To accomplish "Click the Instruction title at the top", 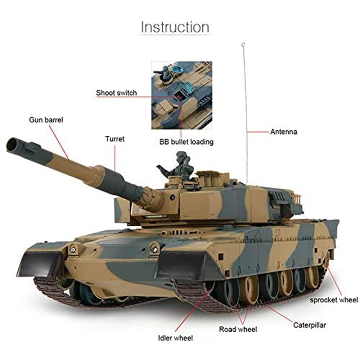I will pos(175,27).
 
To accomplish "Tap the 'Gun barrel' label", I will pos(46,120).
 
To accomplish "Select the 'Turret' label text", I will pos(115,139).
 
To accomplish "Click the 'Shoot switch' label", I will pos(116,93).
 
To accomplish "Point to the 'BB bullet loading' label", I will pos(186,142).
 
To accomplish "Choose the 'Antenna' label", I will pos(284,132).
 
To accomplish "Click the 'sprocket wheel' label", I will pos(334,300).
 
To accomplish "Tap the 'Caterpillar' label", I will pos(309,325).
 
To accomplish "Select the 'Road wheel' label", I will pos(238,329).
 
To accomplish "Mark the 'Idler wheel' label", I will pos(175,338).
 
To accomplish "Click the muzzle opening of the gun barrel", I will pos(13,144).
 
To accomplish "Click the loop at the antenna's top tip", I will pos(243,45).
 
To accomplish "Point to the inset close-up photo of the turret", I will pos(181,95).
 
